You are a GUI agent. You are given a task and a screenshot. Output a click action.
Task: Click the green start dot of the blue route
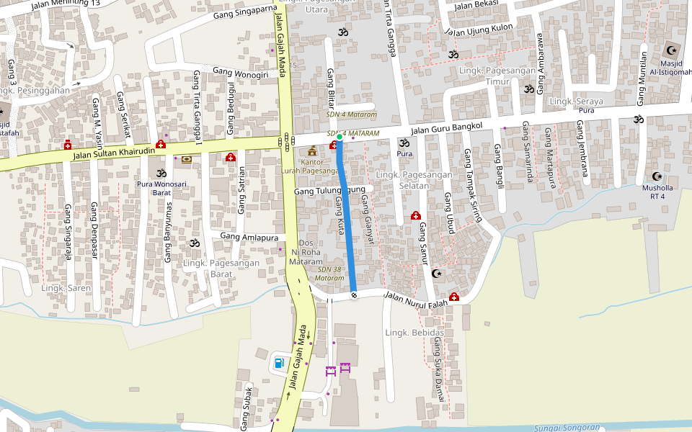(340, 135)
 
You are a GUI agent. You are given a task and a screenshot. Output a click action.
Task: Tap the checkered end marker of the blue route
(354, 294)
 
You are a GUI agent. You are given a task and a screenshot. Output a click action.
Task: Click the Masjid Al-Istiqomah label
(670, 67)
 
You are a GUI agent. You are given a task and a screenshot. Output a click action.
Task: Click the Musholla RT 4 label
(657, 192)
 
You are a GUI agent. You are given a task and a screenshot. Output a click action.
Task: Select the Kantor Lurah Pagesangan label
(312, 166)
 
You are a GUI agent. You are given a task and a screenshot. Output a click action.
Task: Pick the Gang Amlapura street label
(250, 236)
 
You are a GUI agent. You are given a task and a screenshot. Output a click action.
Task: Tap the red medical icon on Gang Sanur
(416, 215)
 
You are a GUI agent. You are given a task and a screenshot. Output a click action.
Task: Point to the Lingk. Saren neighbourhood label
(66, 288)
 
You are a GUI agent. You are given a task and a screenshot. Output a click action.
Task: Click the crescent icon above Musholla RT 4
(657, 176)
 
